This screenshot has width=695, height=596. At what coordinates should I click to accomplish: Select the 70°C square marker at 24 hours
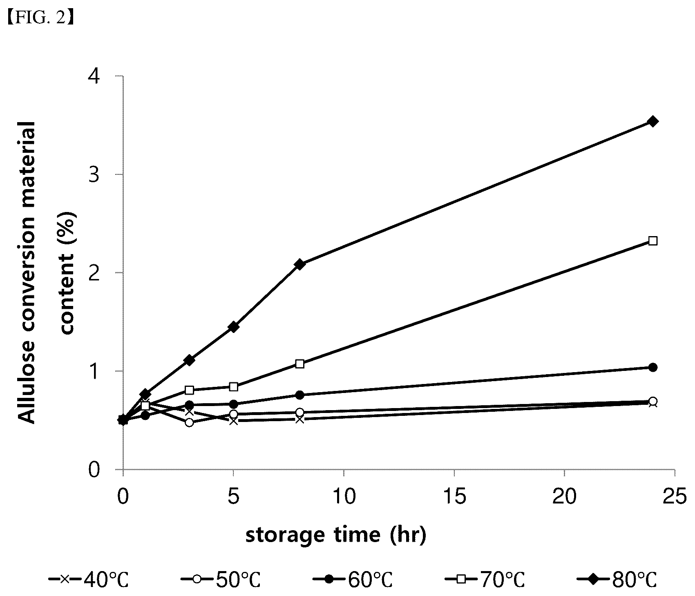point(653,241)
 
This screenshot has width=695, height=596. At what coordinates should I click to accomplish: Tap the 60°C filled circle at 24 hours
point(653,367)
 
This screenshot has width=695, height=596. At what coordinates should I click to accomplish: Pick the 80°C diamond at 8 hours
point(299,264)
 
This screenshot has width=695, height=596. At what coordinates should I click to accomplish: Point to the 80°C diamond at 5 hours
point(233,327)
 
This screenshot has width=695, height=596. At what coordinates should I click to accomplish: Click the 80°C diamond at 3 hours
point(189,360)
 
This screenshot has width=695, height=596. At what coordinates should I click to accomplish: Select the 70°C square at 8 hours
point(299,364)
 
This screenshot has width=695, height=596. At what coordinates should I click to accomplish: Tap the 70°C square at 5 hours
point(233,386)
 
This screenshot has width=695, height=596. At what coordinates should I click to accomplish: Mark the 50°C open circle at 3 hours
point(189,422)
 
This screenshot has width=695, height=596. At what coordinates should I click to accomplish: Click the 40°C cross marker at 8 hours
point(299,419)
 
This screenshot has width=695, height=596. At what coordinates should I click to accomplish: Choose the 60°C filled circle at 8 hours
point(299,395)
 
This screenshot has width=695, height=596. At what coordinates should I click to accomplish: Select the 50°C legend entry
point(220,580)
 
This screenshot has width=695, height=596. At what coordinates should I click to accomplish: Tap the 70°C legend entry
point(484,580)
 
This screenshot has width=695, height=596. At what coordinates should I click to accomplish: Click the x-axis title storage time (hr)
point(335,535)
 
